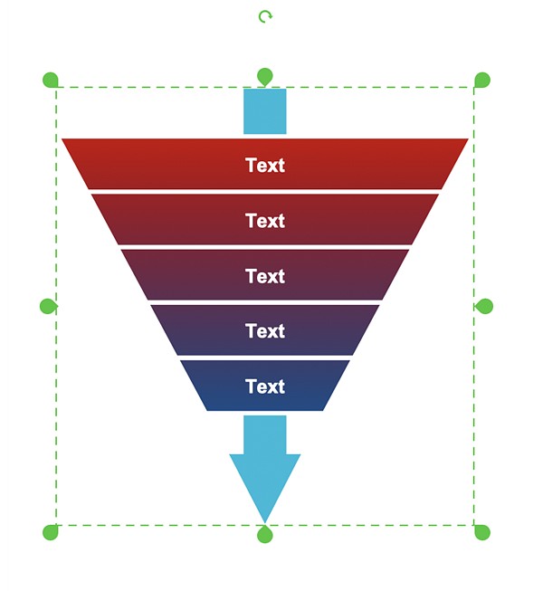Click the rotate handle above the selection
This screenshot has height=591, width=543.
265,16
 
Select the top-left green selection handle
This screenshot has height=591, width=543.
51,80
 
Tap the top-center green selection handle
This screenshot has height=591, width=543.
265,76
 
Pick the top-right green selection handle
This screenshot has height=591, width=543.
482,80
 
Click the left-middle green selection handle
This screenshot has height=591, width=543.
48,306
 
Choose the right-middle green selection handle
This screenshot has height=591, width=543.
484,306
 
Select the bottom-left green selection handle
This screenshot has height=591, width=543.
51,532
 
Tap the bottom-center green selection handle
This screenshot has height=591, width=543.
265,535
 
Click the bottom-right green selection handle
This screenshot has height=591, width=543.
482,532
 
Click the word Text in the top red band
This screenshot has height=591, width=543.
265,166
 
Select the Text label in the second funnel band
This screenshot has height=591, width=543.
265,221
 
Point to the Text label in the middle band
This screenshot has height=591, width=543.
265,276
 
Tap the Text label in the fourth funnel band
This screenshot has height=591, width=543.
265,331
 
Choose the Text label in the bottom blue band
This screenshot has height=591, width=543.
265,386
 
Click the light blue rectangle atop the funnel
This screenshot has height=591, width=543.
265,111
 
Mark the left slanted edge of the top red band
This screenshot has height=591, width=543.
77,165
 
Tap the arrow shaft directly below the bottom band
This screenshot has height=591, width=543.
265,434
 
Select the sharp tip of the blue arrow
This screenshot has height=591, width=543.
265,520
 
